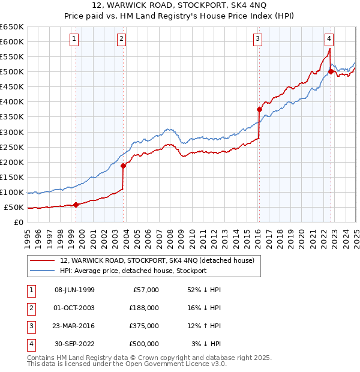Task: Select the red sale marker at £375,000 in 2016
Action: [259, 109]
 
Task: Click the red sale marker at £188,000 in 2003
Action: [123, 166]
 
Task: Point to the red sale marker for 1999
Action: [76, 205]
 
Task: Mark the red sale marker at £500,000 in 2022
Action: [331, 71]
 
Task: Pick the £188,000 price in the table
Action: [144, 308]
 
